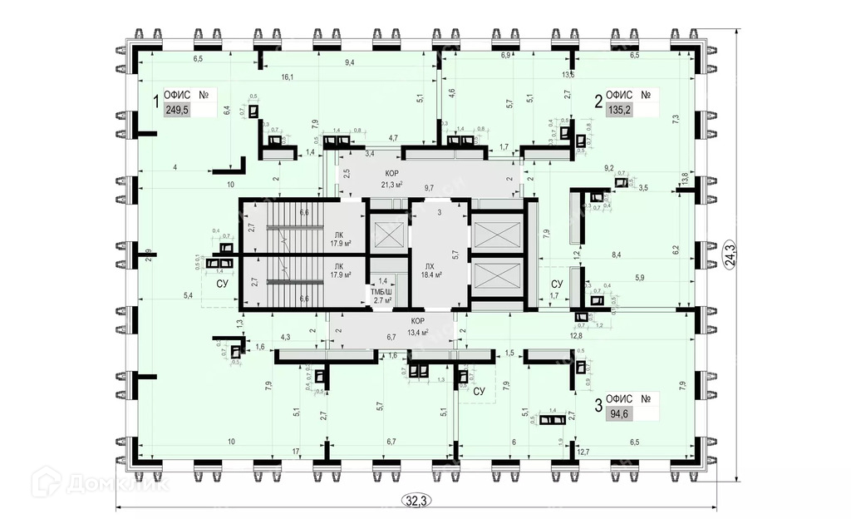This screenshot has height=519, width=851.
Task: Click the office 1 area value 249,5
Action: [x=177, y=110]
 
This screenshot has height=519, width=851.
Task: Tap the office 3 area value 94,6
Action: [x=617, y=414]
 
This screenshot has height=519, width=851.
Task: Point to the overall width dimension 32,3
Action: [x=415, y=500]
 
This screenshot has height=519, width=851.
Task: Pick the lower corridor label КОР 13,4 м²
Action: [x=417, y=326]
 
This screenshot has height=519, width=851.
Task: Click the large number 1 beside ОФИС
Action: [x=155, y=102]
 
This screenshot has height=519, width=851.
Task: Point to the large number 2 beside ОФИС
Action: [x=598, y=101]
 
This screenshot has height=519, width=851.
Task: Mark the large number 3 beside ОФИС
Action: [x=597, y=406]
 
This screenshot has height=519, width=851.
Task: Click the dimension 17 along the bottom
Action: [x=296, y=452]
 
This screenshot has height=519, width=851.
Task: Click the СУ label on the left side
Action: [x=222, y=284]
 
